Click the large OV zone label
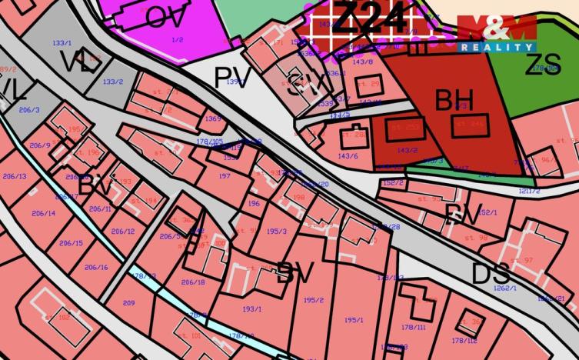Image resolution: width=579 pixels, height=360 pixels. pos(165,16)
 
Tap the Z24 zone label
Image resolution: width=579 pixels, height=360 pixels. pos(372,17)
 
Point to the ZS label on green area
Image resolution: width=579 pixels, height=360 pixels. pos(543,65)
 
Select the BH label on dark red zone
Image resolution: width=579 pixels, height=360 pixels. pos(454,100)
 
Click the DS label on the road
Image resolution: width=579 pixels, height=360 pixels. pos(491,273)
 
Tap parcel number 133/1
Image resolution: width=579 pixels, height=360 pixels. pos(61,44)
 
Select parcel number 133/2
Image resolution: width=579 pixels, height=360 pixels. pos(113,82)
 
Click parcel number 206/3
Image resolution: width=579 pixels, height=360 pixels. pos(29,110)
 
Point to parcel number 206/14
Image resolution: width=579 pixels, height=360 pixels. pos(44,213)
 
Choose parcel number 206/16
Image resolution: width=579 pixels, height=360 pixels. pos(96,267)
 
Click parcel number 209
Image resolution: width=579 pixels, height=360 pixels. pos(128,303)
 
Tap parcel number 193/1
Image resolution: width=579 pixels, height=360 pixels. pos(252,308)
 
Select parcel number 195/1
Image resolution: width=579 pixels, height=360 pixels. pos(354,320)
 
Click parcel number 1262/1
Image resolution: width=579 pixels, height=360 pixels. pos(504,288)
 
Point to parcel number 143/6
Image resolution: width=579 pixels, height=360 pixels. pos(348,156)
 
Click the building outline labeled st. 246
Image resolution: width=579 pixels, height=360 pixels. pos(470,125)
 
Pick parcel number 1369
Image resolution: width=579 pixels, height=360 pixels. pos(213,118)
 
